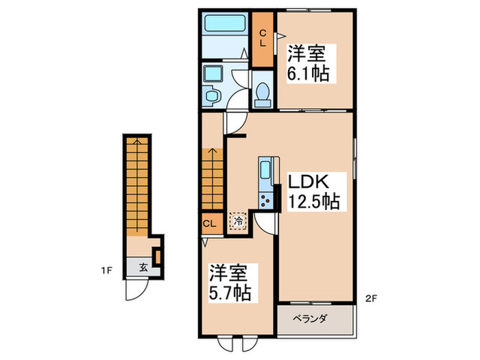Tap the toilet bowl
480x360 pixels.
click(x=261, y=95)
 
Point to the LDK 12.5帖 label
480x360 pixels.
click(x=312, y=191)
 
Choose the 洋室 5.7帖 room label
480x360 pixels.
click(x=230, y=283)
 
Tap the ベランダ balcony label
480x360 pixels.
click(x=315, y=319)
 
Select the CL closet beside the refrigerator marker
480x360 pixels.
click(x=210, y=223)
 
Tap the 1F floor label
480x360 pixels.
click(x=107, y=269)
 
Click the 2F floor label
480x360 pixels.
click(x=370, y=297)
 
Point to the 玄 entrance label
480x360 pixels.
click(x=144, y=267)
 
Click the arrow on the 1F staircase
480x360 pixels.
click(x=139, y=143)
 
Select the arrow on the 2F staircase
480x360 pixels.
click(x=213, y=154)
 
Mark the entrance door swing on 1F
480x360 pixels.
click(x=135, y=291)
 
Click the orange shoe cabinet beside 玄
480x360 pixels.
click(x=157, y=256)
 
